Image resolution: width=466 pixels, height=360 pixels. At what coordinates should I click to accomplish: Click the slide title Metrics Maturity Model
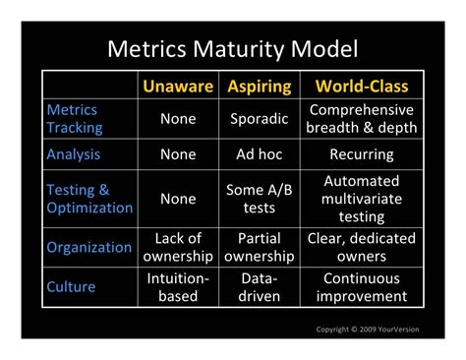pyautogui.click(x=232, y=48)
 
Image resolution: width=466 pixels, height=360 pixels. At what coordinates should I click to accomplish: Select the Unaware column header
pyautogui.click(x=178, y=87)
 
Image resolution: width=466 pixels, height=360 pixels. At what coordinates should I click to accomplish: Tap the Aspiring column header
pyautogui.click(x=260, y=87)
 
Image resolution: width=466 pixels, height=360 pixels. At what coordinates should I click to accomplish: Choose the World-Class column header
pyautogui.click(x=361, y=87)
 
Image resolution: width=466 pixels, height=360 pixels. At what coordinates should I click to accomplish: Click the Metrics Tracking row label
pyautogui.click(x=74, y=119)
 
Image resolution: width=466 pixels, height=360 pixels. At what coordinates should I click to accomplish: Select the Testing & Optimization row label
pyautogui.click(x=88, y=199)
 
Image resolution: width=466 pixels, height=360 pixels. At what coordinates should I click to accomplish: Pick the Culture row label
pyautogui.click(x=72, y=287)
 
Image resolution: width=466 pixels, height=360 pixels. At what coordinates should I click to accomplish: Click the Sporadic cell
pyautogui.click(x=260, y=119)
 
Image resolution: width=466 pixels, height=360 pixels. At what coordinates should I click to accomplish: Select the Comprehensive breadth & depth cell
pyautogui.click(x=361, y=119)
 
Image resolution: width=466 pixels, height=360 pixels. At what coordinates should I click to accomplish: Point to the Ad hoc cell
pyautogui.click(x=260, y=154)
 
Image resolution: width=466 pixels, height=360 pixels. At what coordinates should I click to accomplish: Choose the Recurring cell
pyautogui.click(x=361, y=154)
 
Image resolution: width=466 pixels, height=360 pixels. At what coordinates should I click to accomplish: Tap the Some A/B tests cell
pyautogui.click(x=260, y=199)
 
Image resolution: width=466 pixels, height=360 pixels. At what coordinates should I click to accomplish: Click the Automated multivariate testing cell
pyautogui.click(x=361, y=199)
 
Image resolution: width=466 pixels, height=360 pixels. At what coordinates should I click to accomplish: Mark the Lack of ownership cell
pyautogui.click(x=178, y=247)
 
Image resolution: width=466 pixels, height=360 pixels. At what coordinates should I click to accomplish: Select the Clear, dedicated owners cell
pyautogui.click(x=361, y=247)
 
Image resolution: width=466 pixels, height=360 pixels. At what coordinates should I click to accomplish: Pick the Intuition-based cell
pyautogui.click(x=178, y=287)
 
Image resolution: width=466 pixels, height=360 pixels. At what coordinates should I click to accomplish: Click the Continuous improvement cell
pyautogui.click(x=361, y=287)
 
